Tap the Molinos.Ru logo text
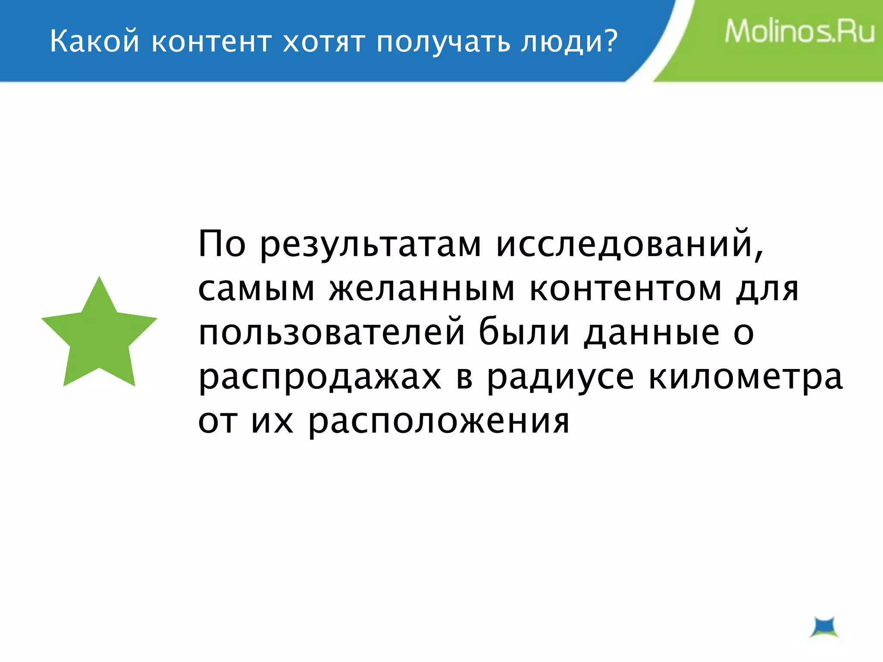tap(799, 32)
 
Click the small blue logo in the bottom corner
tap(824, 628)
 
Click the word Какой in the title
tap(94, 42)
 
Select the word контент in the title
tap(212, 42)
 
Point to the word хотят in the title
tap(323, 42)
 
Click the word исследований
tap(629, 245)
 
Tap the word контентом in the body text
tap(625, 289)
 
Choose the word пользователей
tap(332, 333)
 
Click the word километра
tap(745, 378)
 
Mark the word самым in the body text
tap(257, 289)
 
